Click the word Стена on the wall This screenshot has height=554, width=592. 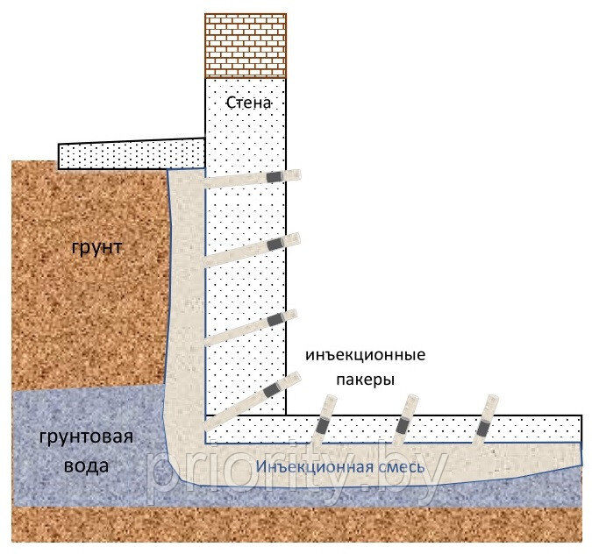pos(249,103)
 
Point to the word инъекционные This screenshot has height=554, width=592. pos(365,356)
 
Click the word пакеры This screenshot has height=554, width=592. pos(363,380)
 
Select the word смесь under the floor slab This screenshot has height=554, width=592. pos(396,467)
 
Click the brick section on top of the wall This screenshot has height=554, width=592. pos(246,45)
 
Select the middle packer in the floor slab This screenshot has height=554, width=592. pos(403,421)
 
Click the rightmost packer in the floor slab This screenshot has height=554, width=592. pos(483,421)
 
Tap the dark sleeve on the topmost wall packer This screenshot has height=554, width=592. pos(275,177)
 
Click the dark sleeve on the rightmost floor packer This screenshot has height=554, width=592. pos(481,430)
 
